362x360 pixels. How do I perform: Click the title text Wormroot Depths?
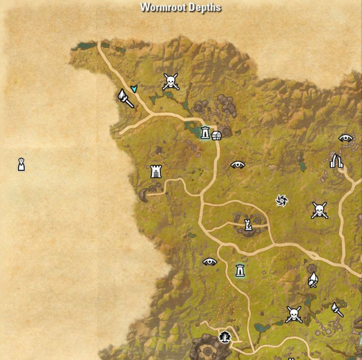[181, 8]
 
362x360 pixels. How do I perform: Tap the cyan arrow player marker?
[134, 89]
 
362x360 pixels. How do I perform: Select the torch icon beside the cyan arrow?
[125, 98]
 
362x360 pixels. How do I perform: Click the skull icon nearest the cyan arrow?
[170, 82]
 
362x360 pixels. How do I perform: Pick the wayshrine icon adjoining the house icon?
[205, 133]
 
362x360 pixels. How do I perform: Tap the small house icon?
[216, 136]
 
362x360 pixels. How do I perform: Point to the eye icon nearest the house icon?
[238, 164]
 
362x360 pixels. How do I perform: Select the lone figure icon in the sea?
[21, 163]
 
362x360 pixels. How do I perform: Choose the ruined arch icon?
[336, 160]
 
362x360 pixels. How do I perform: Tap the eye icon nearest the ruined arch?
[345, 137]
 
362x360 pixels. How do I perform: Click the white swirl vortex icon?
[281, 200]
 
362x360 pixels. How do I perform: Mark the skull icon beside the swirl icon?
[319, 209]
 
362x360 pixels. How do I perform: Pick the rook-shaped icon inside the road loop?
[247, 225]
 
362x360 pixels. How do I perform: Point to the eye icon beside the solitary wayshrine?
[210, 261]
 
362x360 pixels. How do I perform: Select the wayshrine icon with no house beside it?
[240, 270]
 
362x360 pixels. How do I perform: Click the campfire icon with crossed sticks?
[313, 280]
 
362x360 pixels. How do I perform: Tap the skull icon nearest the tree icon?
[294, 313]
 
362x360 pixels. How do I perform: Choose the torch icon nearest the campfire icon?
[337, 309]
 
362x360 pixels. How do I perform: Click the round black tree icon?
[225, 337]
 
